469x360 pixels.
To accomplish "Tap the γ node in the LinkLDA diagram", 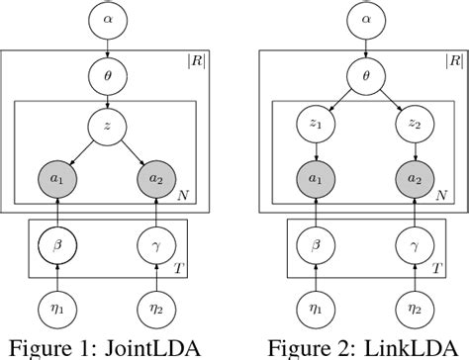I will pyautogui.click(x=414, y=241).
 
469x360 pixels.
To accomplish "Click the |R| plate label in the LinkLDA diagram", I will pyautogui.click(x=453, y=61).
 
